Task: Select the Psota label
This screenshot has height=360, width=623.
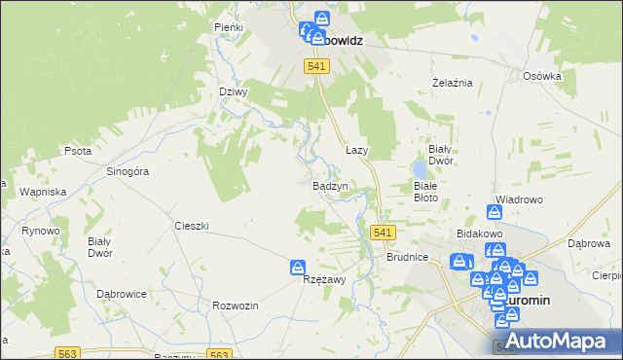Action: (x=78, y=151)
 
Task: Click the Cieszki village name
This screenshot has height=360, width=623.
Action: (x=192, y=225)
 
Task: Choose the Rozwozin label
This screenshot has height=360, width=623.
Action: (x=235, y=306)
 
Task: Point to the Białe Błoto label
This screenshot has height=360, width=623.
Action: (x=432, y=190)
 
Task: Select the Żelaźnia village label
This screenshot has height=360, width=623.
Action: (x=452, y=83)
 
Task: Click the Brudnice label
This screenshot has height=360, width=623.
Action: (x=407, y=258)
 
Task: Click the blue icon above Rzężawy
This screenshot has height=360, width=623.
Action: (x=299, y=267)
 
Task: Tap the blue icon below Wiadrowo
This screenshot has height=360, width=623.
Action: (x=495, y=212)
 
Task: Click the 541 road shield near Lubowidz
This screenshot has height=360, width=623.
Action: (x=316, y=65)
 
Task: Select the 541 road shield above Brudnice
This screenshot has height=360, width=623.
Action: (x=384, y=233)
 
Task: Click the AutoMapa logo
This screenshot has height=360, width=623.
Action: (x=561, y=340)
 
